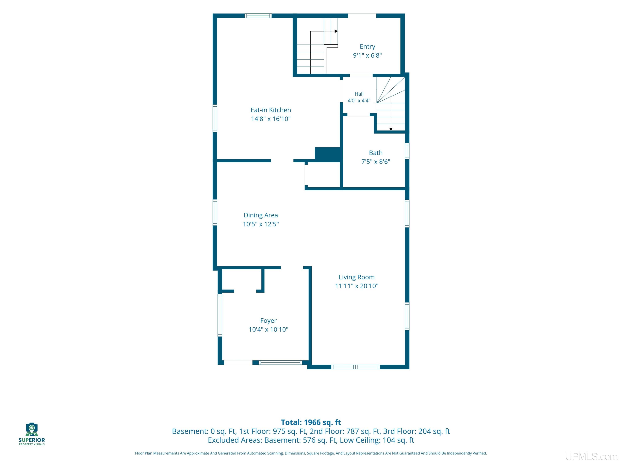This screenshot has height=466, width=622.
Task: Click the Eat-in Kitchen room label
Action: click(271, 110)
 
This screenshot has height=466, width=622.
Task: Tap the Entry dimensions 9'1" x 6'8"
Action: click(367, 55)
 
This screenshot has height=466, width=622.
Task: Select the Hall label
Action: click(359, 94)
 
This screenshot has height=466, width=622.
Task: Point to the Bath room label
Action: click(376, 153)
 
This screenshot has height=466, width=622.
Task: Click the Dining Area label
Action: click(261, 215)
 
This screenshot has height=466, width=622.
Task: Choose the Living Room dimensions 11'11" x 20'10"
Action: click(357, 286)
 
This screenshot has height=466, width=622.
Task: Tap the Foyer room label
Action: click(268, 321)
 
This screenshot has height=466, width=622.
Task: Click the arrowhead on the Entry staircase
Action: click(336, 31)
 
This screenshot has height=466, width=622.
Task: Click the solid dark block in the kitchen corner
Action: click(328, 154)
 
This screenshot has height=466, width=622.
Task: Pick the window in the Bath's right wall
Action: click(407, 151)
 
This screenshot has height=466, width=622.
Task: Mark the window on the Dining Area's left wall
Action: click(215, 212)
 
